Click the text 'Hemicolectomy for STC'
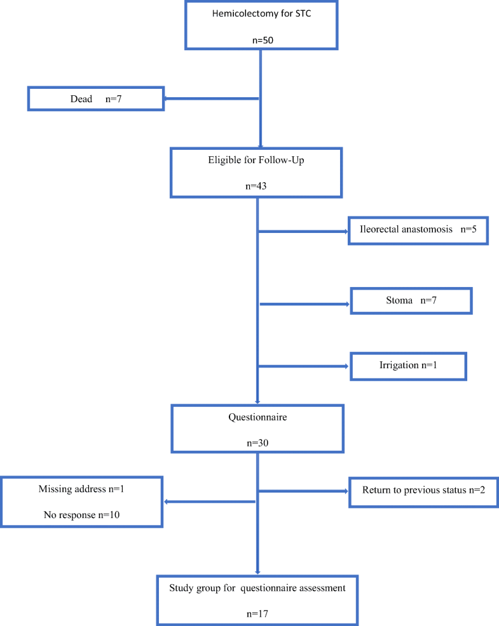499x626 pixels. [261, 14]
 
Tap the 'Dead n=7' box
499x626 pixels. [95, 99]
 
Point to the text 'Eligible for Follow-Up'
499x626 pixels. [256, 161]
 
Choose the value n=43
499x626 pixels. [256, 187]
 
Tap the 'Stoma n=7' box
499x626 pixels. [411, 300]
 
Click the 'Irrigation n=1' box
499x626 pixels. [408, 366]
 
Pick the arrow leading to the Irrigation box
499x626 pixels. [304, 366]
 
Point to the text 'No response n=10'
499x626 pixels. [82, 515]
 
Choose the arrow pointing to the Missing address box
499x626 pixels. [210, 502]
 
